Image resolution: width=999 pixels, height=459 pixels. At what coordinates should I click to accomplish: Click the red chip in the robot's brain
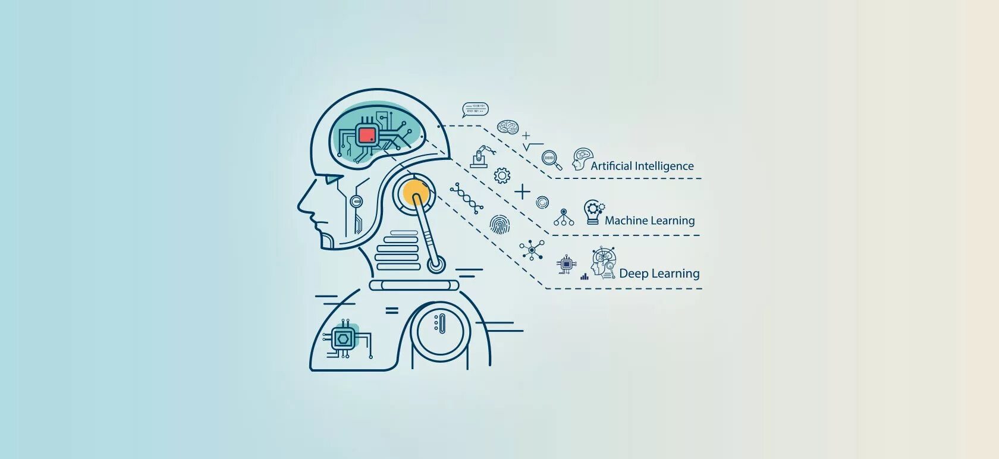[367, 135]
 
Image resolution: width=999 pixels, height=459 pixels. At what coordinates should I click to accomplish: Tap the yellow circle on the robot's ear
[415, 192]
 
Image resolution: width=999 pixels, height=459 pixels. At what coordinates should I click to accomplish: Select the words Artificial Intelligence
[642, 166]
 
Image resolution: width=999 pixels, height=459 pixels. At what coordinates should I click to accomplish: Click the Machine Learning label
[649, 221]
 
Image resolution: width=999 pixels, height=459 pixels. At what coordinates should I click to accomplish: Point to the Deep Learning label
[659, 273]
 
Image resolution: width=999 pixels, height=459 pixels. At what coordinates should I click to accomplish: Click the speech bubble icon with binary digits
[475, 109]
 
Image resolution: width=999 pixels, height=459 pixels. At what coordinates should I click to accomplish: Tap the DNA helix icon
[466, 198]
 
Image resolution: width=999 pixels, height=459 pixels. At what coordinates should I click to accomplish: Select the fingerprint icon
[499, 225]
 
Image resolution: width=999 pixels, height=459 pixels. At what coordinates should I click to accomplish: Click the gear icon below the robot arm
[502, 175]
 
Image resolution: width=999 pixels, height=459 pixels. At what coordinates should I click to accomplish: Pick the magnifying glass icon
[551, 161]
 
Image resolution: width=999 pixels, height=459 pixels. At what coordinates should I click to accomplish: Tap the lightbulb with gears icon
[593, 212]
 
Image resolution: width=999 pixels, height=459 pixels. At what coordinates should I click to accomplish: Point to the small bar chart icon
[585, 276]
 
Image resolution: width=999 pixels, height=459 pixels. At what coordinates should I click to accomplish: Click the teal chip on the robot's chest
[344, 338]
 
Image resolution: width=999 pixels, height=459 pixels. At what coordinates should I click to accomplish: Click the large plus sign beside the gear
[522, 191]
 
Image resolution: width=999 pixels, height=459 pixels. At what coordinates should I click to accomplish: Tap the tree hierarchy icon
[564, 218]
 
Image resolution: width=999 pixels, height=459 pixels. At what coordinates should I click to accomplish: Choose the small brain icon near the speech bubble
[508, 127]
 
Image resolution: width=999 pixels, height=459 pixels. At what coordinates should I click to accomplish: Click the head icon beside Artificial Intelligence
[582, 159]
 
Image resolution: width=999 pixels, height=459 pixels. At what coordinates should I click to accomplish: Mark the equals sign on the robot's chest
[391, 310]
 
